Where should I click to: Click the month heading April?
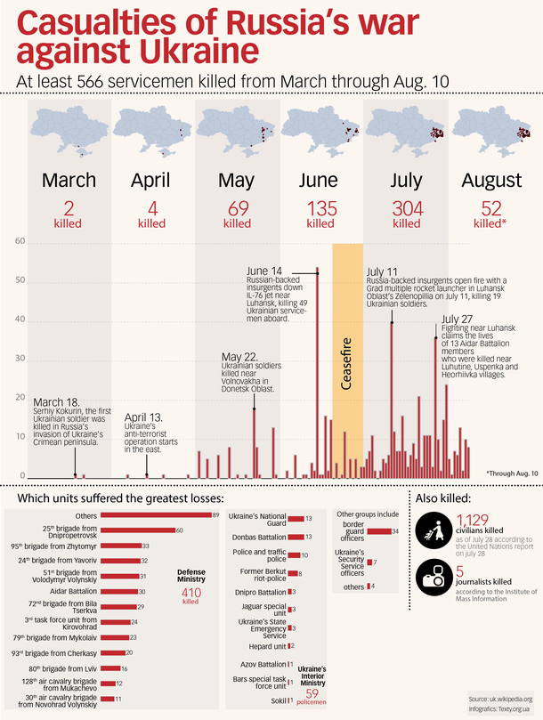click(x=150, y=180)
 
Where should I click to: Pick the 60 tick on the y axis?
click(x=20, y=242)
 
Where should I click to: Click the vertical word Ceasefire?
click(x=348, y=364)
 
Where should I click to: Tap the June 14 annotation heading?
click(x=264, y=271)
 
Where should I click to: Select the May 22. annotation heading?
click(x=239, y=357)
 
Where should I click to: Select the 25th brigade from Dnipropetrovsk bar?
click(x=137, y=530)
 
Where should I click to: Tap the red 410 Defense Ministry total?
click(x=191, y=591)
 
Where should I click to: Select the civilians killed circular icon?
click(x=434, y=528)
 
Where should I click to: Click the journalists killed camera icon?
click(x=434, y=577)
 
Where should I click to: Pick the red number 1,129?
click(x=474, y=521)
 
